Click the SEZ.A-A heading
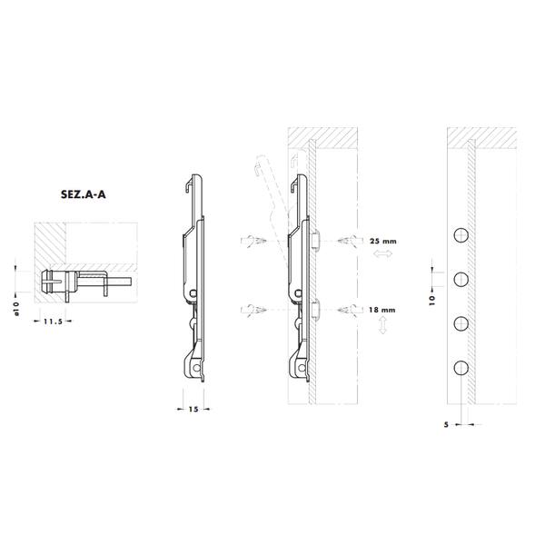point(83,194)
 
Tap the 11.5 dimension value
point(53,322)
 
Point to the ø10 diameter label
point(16,309)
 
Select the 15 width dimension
point(193,409)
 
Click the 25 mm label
point(383,241)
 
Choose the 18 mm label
point(382,310)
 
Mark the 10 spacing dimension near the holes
point(432,300)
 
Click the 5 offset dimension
point(446,424)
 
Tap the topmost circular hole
point(461,235)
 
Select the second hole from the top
point(461,280)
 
